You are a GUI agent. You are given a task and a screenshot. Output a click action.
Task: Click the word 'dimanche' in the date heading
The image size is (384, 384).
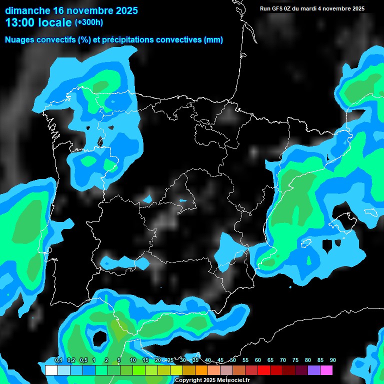click(x=27, y=10)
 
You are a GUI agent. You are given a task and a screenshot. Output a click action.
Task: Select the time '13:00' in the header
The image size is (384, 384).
click(x=23, y=22)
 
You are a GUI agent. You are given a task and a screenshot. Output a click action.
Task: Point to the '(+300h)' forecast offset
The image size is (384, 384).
click(x=88, y=22)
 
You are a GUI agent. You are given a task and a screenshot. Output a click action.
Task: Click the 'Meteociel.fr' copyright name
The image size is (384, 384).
click(x=230, y=380)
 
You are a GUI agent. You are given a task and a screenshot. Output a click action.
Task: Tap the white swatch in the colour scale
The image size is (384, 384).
click(x=51, y=370)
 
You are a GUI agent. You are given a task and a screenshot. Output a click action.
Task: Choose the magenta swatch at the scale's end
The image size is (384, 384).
click(x=326, y=370)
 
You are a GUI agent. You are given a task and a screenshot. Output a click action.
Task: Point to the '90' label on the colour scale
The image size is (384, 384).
click(x=332, y=360)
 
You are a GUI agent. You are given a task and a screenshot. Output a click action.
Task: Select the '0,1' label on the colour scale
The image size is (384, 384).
click(x=58, y=360)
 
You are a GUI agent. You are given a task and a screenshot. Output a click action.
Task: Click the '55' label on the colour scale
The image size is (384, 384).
click(x=245, y=360)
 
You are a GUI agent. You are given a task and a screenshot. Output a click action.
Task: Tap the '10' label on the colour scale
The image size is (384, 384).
click(x=132, y=360)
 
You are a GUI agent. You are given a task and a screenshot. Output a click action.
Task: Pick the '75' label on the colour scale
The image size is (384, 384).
click(x=295, y=360)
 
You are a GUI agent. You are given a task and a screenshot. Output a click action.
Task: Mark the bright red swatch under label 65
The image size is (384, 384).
click(x=264, y=370)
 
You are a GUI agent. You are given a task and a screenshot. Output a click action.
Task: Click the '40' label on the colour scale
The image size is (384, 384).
click(x=207, y=360)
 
